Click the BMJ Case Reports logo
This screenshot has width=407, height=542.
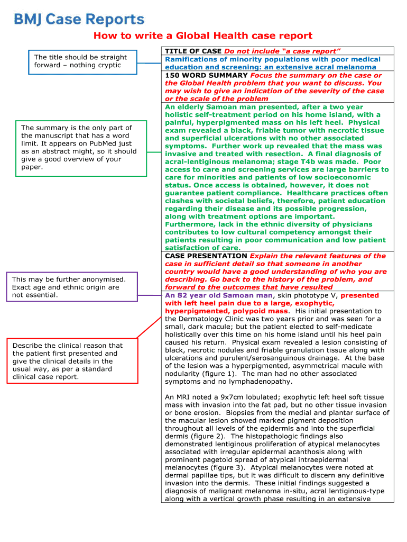79,20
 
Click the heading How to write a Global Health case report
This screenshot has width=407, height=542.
203,36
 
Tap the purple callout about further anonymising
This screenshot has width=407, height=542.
71,287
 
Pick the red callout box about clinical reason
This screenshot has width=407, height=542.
71,361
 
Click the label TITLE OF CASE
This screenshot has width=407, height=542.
193,51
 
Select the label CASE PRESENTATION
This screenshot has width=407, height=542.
206,256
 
